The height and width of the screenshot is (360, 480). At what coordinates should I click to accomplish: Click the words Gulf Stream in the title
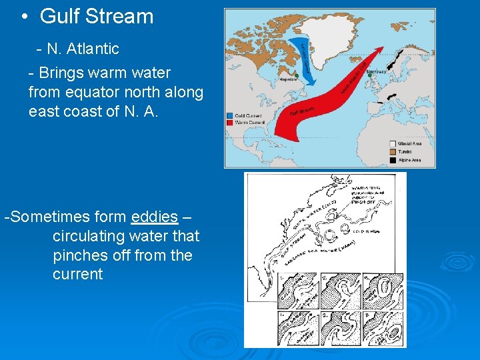tap(97, 17)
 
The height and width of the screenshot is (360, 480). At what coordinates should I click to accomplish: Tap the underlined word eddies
tap(155, 217)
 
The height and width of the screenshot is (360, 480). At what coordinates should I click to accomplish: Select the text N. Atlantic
tap(83, 49)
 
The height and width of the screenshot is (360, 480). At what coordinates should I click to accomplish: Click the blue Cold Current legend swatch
tap(229, 115)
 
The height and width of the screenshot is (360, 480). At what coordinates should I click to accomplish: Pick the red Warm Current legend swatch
tap(229, 121)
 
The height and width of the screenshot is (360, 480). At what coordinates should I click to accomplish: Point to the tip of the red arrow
tap(383, 48)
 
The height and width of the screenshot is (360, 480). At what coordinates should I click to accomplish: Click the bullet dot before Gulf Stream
tap(24, 17)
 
